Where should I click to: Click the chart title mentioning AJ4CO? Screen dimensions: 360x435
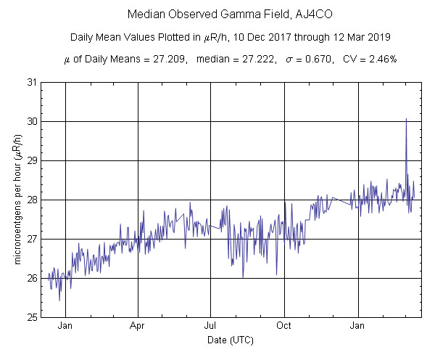coord(217,15)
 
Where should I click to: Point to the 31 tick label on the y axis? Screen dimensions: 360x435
coord(30,82)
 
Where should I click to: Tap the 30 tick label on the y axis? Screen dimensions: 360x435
coord(30,121)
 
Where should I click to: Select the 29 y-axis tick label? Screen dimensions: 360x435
coord(30,160)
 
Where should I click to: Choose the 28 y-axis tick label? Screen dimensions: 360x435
coord(30,200)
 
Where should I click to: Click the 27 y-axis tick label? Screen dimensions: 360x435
coord(30,239)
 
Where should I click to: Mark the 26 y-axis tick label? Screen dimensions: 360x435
coord(30,278)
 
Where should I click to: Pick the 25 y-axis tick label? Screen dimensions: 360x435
coord(30,317)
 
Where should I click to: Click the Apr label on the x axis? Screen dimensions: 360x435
coord(138,326)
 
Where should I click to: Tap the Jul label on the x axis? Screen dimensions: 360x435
coord(211,326)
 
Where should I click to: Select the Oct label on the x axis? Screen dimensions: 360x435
coord(284,326)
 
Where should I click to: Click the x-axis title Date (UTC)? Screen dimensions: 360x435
coord(231,340)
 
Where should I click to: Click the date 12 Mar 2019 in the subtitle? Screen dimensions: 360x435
coord(365,37)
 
